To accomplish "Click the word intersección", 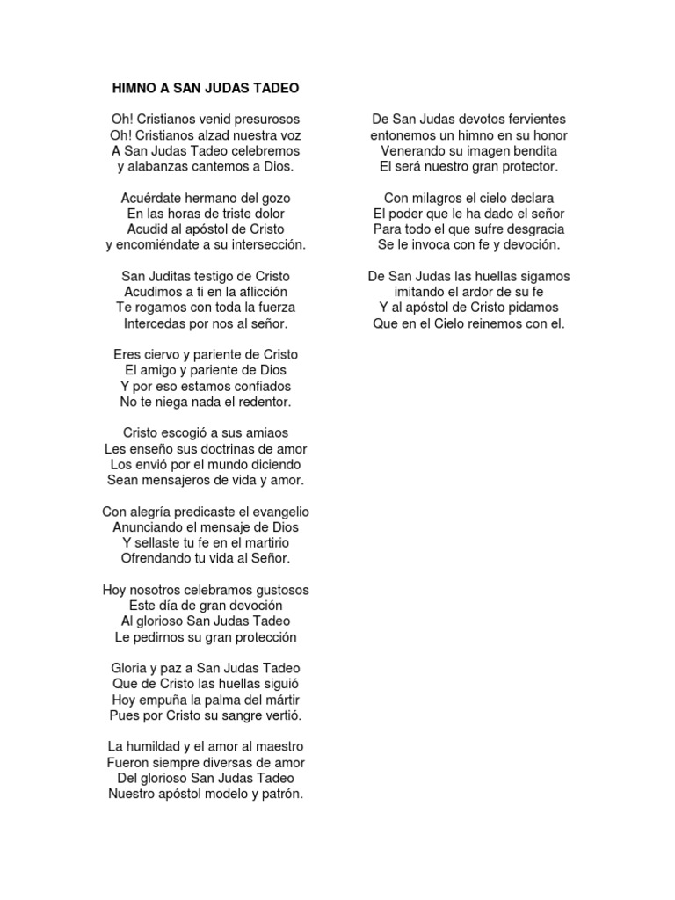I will click(x=264, y=245).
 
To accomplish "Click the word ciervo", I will click(x=163, y=354).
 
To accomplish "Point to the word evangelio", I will click(x=271, y=512).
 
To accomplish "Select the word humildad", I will click(x=160, y=747).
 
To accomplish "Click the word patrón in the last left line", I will click(x=279, y=795).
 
